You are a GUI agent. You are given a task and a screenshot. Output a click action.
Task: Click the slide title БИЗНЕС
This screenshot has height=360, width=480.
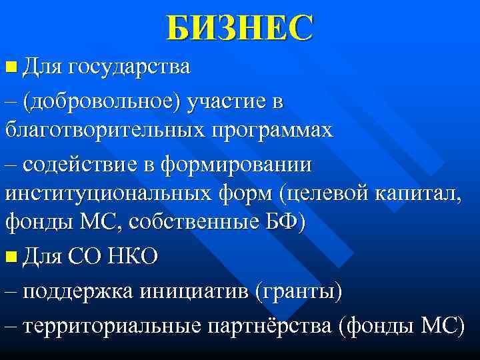pos(239,29)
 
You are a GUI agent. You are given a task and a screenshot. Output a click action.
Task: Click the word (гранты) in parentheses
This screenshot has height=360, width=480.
pos(295,291)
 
